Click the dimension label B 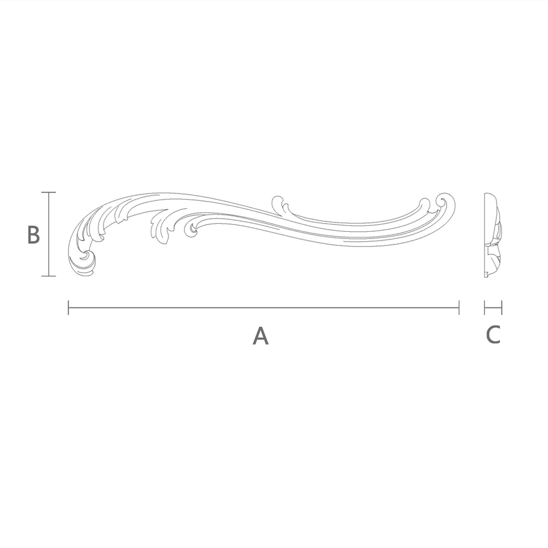click(33, 235)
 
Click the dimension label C click(493, 334)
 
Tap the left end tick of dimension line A click(68, 307)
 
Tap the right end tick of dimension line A click(459, 307)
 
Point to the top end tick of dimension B click(49, 192)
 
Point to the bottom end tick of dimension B click(49, 276)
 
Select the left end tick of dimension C click(485, 307)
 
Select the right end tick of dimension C click(501, 307)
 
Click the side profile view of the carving click(492, 235)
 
